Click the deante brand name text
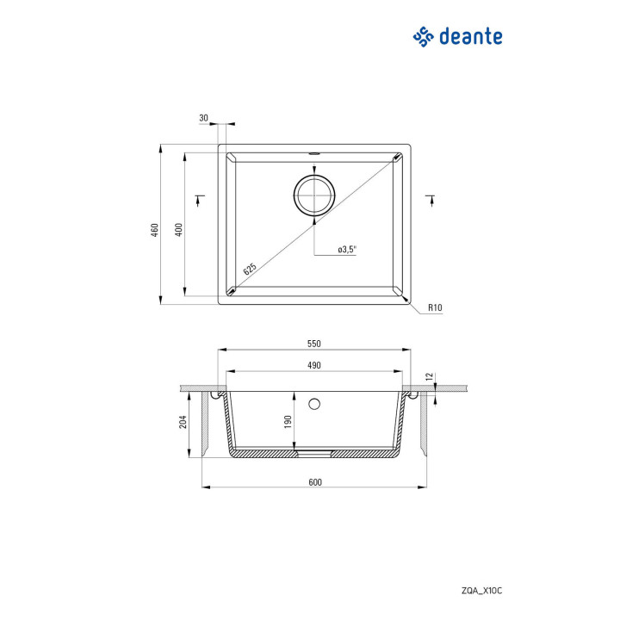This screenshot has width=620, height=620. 471,36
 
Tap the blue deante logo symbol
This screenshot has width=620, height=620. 424,37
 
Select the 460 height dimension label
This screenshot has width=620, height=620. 155,230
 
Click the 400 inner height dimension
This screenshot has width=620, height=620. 179,230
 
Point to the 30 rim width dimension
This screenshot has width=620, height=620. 203,118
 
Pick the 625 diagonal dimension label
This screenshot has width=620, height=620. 250,269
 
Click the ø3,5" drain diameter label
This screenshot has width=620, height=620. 348,249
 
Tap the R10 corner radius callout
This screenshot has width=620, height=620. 435,307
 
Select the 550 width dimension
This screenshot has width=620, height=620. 314,344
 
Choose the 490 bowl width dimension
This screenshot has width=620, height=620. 314,365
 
